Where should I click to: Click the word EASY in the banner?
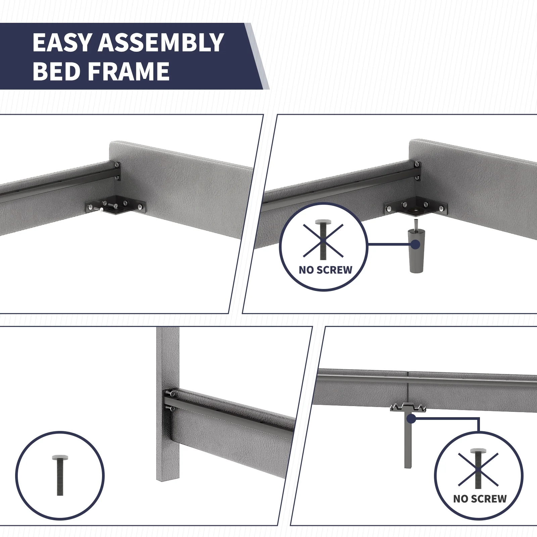(62, 43)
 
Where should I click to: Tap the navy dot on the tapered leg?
(415, 244)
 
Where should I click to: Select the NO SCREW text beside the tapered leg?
(325, 270)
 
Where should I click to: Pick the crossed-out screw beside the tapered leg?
(323, 240)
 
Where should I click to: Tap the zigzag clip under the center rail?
(408, 408)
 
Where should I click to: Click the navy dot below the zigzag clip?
(410, 419)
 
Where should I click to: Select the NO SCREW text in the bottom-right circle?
(480, 499)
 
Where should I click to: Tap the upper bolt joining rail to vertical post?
(172, 393)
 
